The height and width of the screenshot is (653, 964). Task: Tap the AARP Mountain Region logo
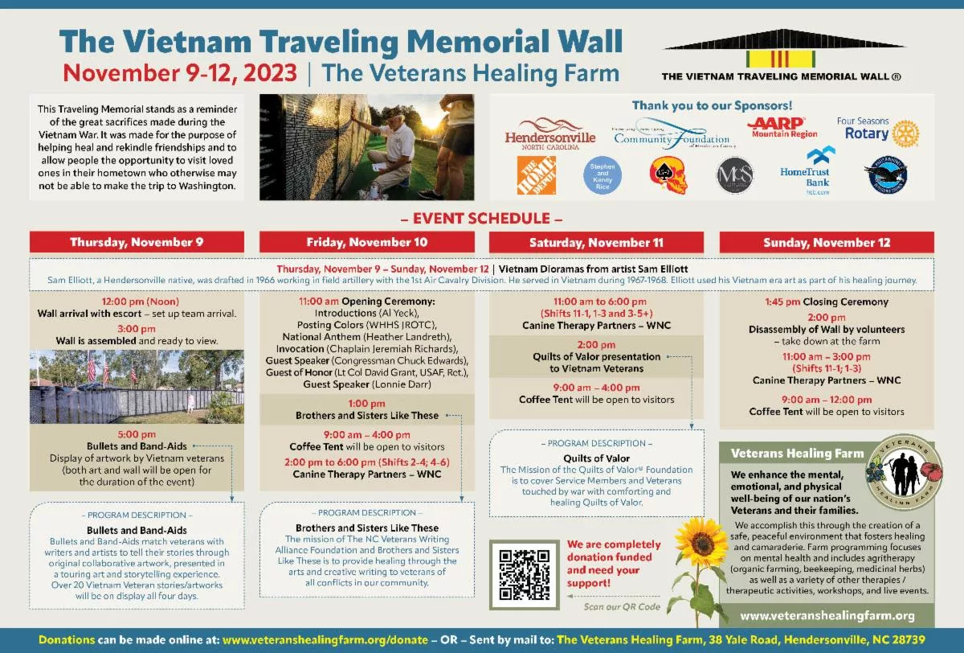pyautogui.click(x=784, y=127)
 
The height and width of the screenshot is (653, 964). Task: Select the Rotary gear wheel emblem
pyautogui.click(x=905, y=133)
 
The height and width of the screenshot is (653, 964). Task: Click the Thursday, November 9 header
pyautogui.click(x=137, y=242)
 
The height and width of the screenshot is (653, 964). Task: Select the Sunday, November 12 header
pyautogui.click(x=827, y=242)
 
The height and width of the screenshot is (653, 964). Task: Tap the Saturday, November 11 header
pyautogui.click(x=596, y=242)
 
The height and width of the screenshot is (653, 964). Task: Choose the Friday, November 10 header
pyautogui.click(x=367, y=242)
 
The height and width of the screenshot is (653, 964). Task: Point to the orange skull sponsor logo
pyautogui.click(x=668, y=175)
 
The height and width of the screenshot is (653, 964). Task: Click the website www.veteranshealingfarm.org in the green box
pyautogui.click(x=827, y=616)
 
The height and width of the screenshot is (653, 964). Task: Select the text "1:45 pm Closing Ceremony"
pyautogui.click(x=827, y=302)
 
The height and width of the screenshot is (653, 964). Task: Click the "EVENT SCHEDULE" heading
pyautogui.click(x=482, y=218)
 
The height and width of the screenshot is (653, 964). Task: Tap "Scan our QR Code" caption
pyautogui.click(x=622, y=606)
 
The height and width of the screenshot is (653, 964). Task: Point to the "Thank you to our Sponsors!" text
pyautogui.click(x=712, y=105)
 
